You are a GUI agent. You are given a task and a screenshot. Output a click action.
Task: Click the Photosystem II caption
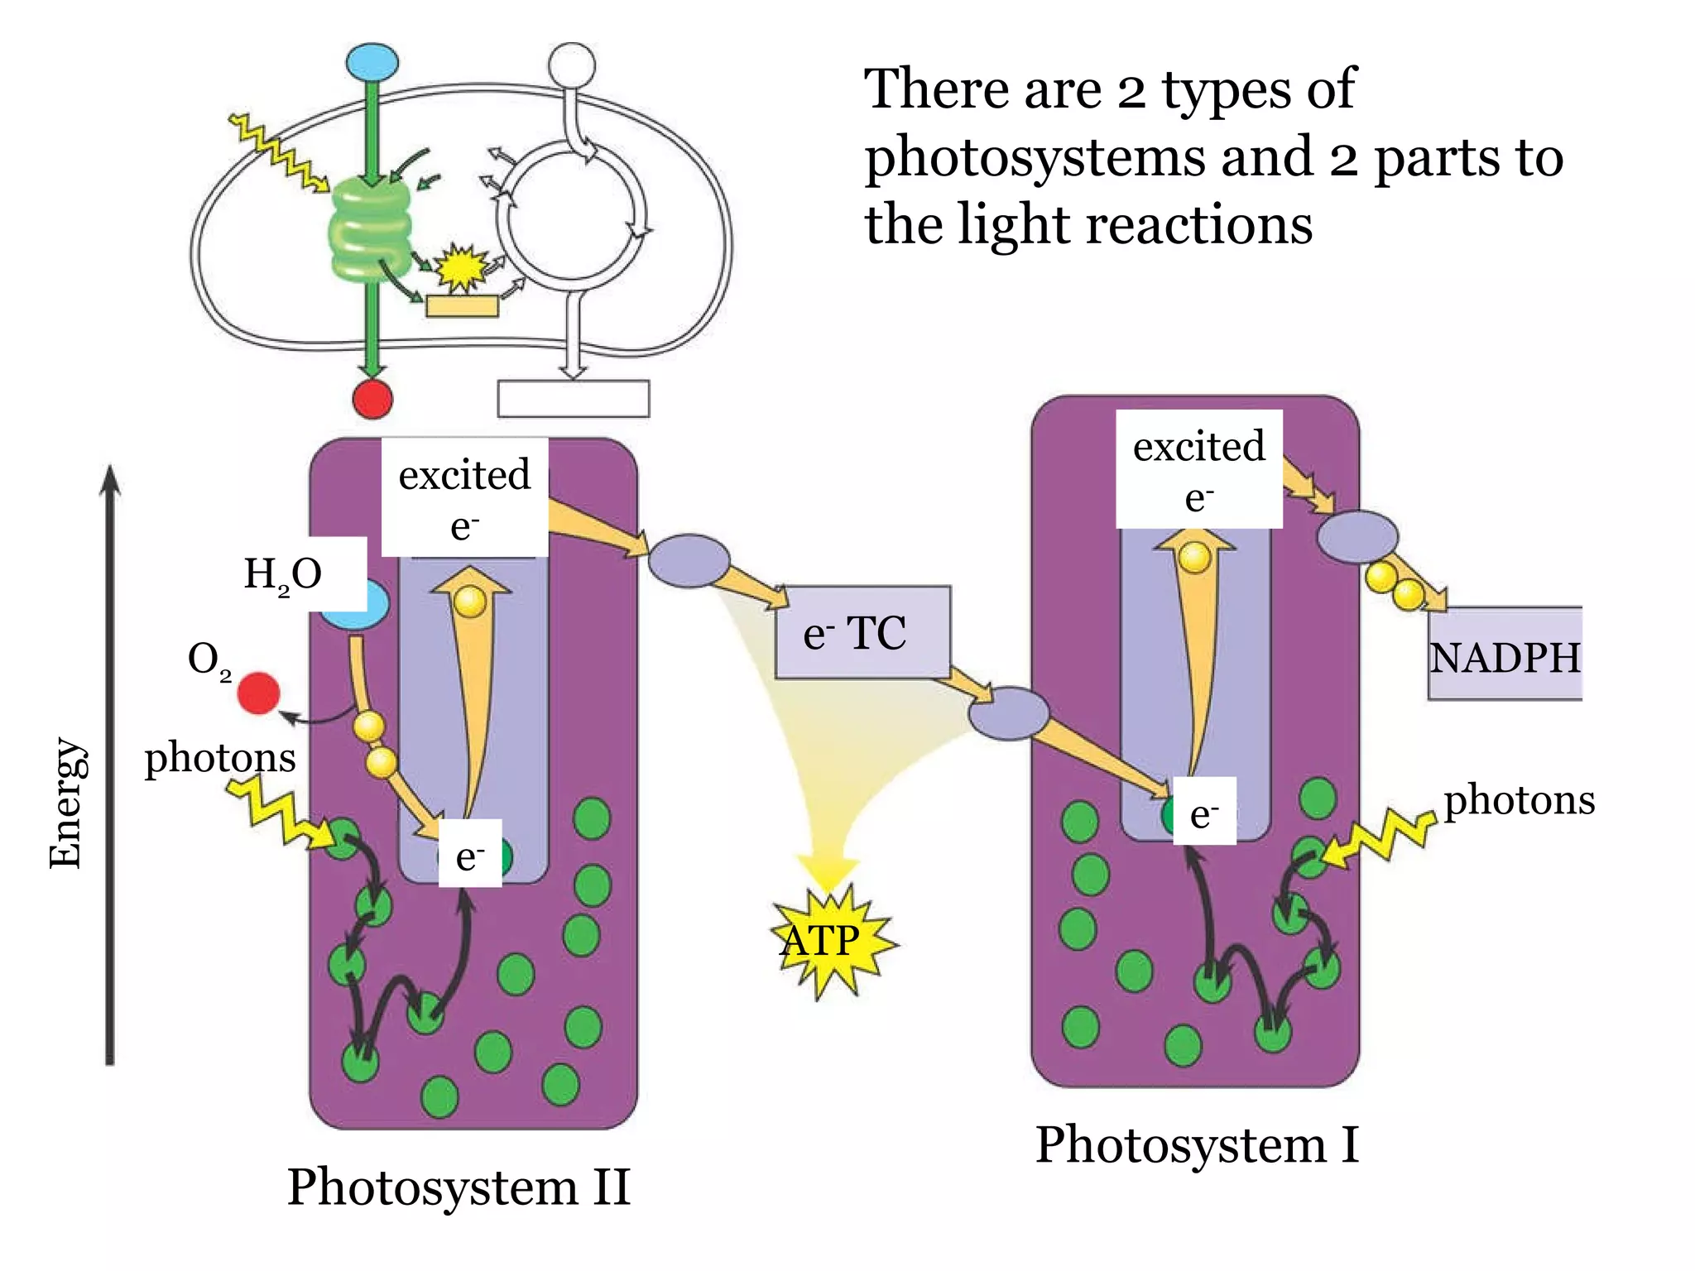pyautogui.click(x=459, y=1187)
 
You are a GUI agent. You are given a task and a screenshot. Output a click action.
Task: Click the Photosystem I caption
pyautogui.click(x=1197, y=1145)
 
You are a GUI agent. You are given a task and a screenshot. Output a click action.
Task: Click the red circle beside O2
pyautogui.click(x=258, y=693)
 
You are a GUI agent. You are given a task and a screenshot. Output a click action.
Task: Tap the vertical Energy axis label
pyautogui.click(x=65, y=803)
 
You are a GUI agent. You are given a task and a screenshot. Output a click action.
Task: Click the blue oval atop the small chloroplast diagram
pyautogui.click(x=372, y=62)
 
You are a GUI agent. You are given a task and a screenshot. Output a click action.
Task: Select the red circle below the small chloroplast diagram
pyautogui.click(x=372, y=399)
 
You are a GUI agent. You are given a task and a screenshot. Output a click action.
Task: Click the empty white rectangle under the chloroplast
pyautogui.click(x=573, y=399)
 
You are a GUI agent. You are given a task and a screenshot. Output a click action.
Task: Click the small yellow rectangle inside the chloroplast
pyautogui.click(x=462, y=305)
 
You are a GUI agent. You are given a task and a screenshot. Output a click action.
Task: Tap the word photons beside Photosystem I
pyautogui.click(x=1519, y=800)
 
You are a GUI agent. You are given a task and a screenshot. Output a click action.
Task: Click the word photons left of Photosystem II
pyautogui.click(x=220, y=757)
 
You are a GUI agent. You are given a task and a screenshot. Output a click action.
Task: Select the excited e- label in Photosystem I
pyautogui.click(x=1198, y=469)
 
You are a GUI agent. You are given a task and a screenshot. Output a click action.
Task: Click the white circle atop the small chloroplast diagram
pyautogui.click(x=571, y=65)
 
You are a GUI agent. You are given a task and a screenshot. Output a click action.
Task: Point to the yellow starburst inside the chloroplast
pyautogui.click(x=460, y=267)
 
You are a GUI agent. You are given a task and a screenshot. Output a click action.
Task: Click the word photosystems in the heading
pyautogui.click(x=1035, y=157)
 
